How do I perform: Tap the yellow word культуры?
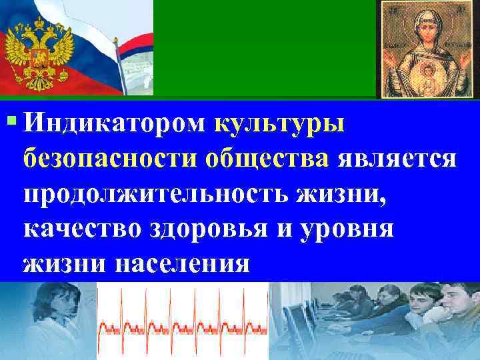[280, 125]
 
